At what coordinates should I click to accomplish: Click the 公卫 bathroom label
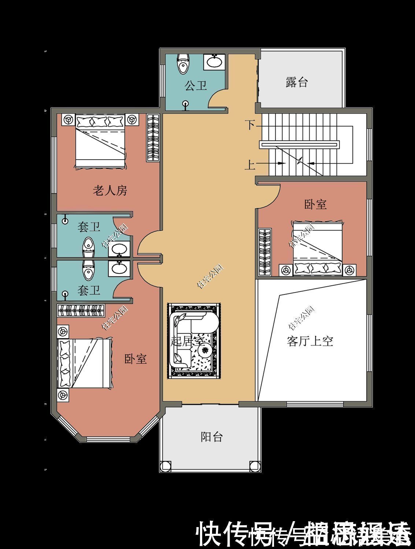pos(196,86)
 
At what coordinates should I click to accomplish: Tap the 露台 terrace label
pos(296,82)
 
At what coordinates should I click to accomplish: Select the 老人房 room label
pos(110,191)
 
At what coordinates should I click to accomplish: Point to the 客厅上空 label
pos(310,341)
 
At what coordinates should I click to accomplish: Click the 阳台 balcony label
pos(211,437)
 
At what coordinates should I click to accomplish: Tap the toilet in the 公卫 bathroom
pos(183,64)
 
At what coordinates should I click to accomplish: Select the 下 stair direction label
pos(250,125)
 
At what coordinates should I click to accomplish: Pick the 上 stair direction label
pos(250,165)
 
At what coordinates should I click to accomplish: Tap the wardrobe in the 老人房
pos(153,138)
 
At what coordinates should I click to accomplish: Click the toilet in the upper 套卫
pos(88,247)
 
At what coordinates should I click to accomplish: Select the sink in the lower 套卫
pos(119,268)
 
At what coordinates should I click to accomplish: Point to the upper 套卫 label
pos(89,227)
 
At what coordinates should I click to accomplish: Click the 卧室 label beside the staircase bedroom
pos(315,204)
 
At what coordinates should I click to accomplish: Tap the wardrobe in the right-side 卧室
pos(265,252)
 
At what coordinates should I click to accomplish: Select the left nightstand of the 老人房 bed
pos(68,120)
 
